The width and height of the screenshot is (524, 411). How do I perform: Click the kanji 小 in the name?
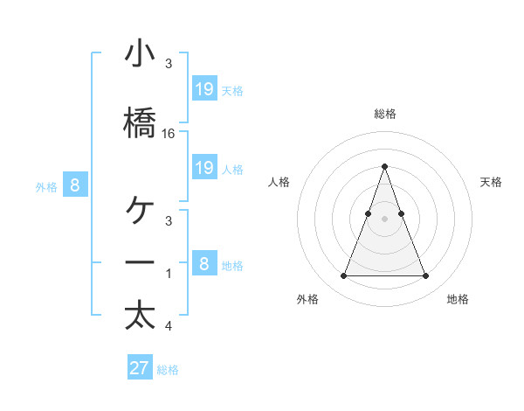click(x=140, y=55)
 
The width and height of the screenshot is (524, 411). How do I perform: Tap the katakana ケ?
click(x=140, y=210)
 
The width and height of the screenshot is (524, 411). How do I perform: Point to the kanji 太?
click(x=140, y=315)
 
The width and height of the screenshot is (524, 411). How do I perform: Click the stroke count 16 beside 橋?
click(x=169, y=133)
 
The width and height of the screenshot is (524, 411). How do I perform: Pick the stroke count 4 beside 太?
click(x=169, y=327)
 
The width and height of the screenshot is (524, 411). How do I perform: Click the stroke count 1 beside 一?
click(x=169, y=274)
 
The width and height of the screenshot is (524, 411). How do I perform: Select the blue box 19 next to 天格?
click(x=204, y=89)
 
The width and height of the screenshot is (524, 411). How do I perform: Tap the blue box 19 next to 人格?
click(x=204, y=168)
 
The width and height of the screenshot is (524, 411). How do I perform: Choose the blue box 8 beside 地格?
click(x=204, y=263)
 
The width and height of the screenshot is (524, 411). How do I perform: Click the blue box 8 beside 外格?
click(x=75, y=185)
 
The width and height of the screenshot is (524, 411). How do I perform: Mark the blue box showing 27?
click(x=140, y=368)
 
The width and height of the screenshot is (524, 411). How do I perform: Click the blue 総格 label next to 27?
click(x=168, y=370)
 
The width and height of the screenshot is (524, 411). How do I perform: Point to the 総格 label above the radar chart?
click(x=384, y=114)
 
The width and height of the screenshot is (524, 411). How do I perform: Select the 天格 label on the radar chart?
click(x=492, y=182)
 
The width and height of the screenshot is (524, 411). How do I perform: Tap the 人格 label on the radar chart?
click(x=279, y=182)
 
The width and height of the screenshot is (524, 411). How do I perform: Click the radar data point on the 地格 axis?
click(x=425, y=276)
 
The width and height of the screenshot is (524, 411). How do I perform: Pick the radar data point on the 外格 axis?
click(x=343, y=276)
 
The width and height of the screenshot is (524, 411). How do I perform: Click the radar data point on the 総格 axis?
click(x=384, y=166)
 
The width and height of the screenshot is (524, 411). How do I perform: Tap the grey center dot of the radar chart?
click(x=384, y=219)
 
